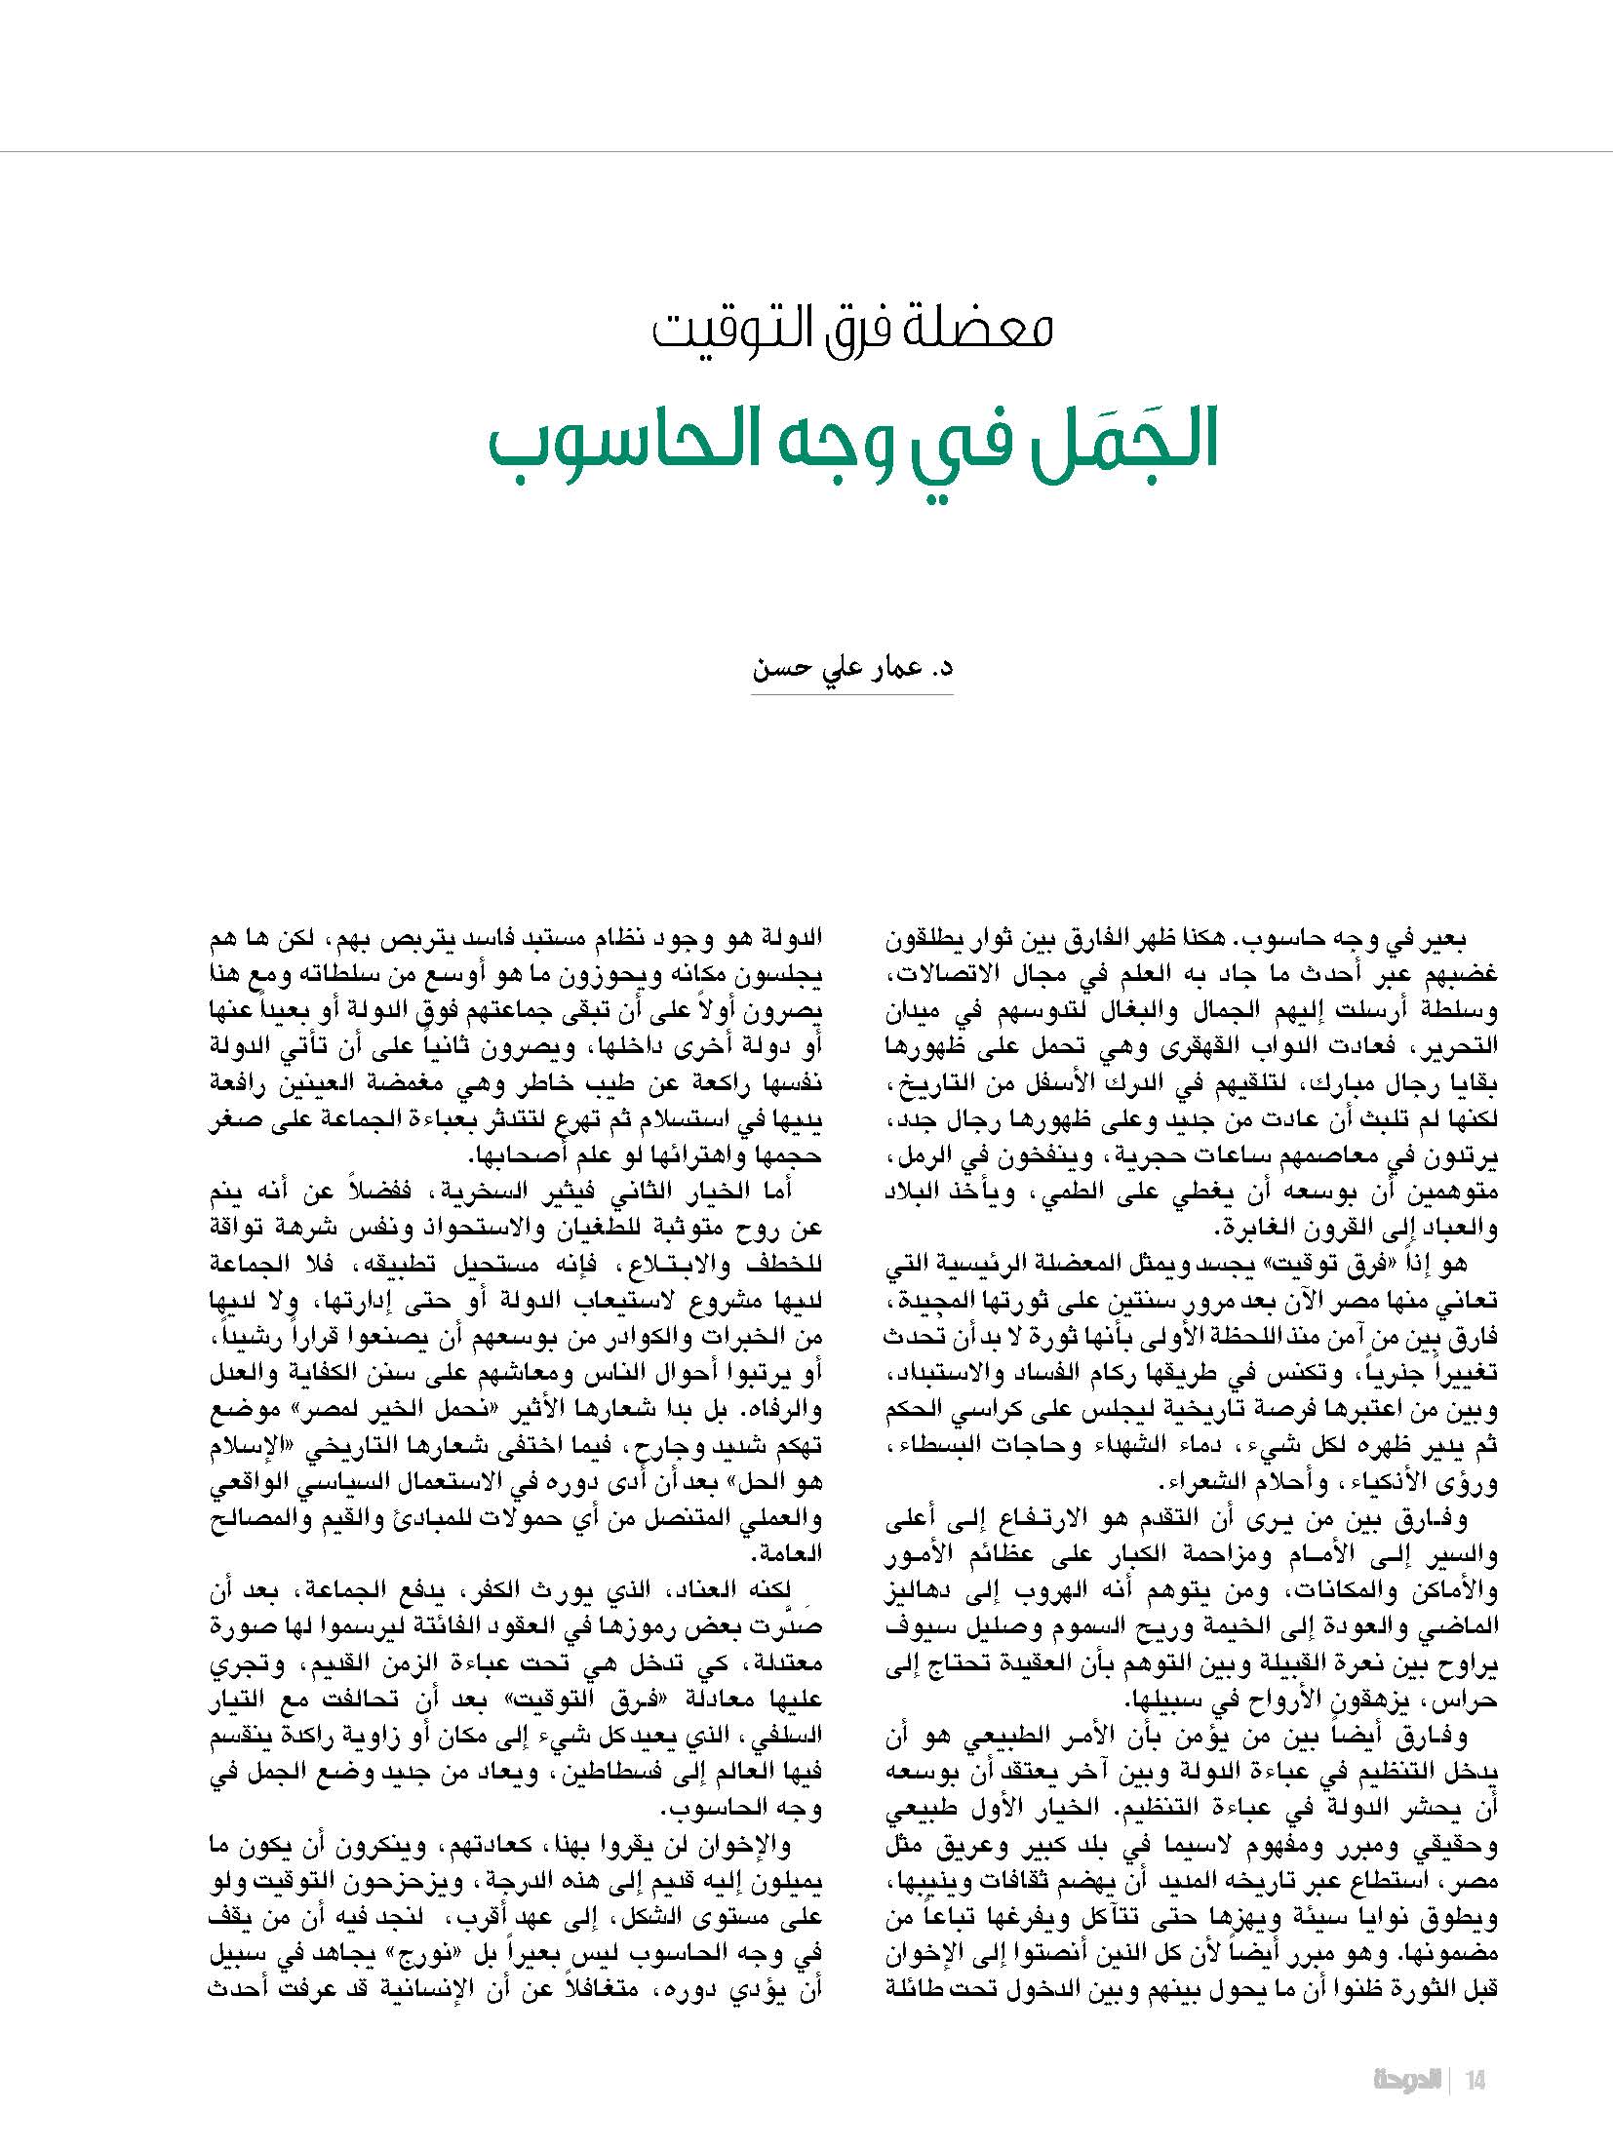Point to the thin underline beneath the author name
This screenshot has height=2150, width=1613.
click(851, 694)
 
